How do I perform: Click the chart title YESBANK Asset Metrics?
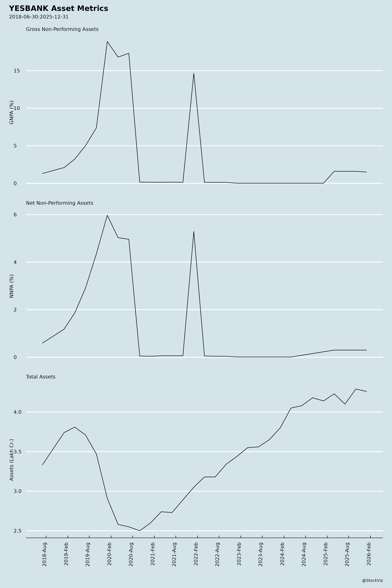tap(58, 8)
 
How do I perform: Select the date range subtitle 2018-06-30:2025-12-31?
tap(39, 17)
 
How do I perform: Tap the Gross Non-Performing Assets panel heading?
tap(62, 29)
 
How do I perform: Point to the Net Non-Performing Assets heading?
tap(59, 203)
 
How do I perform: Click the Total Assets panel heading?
tap(41, 377)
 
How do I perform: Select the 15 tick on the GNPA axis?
tap(17, 71)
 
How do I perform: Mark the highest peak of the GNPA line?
tap(107, 41)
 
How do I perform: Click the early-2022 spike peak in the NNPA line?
tap(194, 231)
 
